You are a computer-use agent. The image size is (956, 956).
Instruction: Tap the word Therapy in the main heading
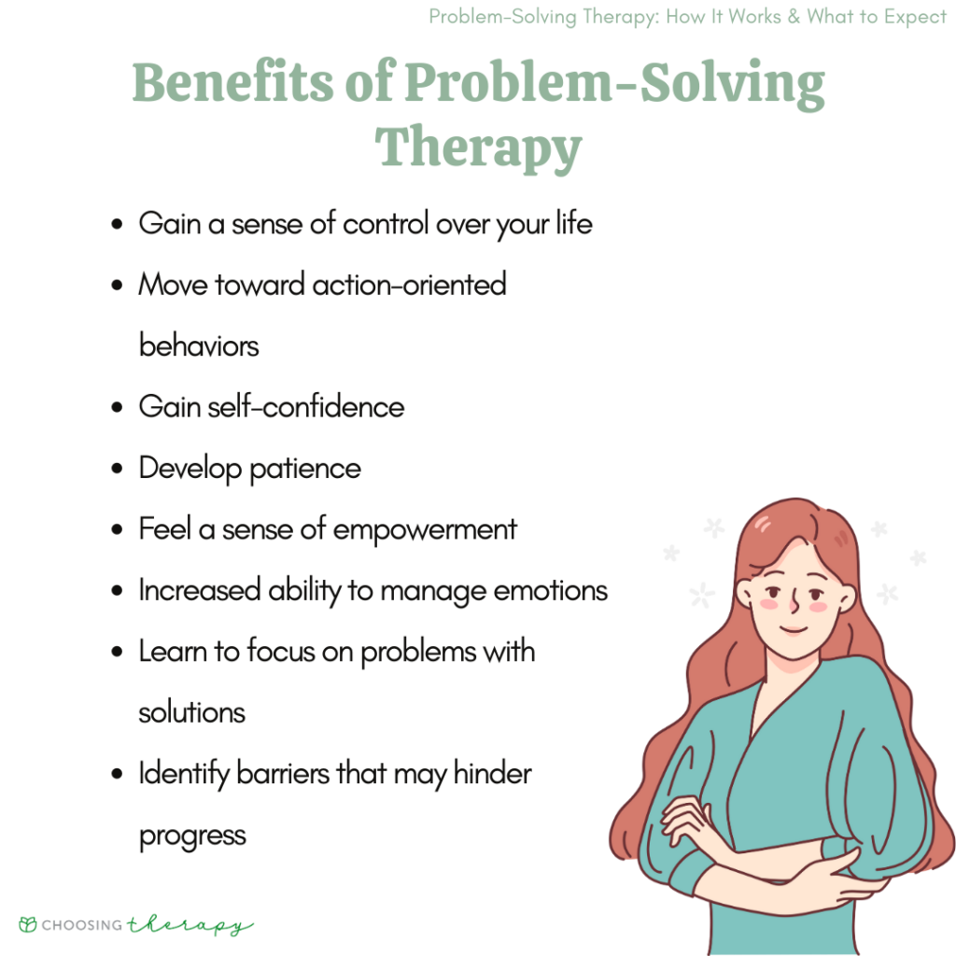point(478,148)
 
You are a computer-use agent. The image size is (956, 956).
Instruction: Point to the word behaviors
point(199,345)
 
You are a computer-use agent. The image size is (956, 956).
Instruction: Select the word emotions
point(553,591)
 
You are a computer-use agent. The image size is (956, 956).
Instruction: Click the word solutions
point(191,712)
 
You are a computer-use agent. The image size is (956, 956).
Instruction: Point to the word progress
point(192,835)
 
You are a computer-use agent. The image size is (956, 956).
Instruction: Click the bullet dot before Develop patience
point(117,470)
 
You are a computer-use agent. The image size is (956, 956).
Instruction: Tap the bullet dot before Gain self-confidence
point(117,408)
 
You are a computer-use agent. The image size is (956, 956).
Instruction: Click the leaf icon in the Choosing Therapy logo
point(28,925)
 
